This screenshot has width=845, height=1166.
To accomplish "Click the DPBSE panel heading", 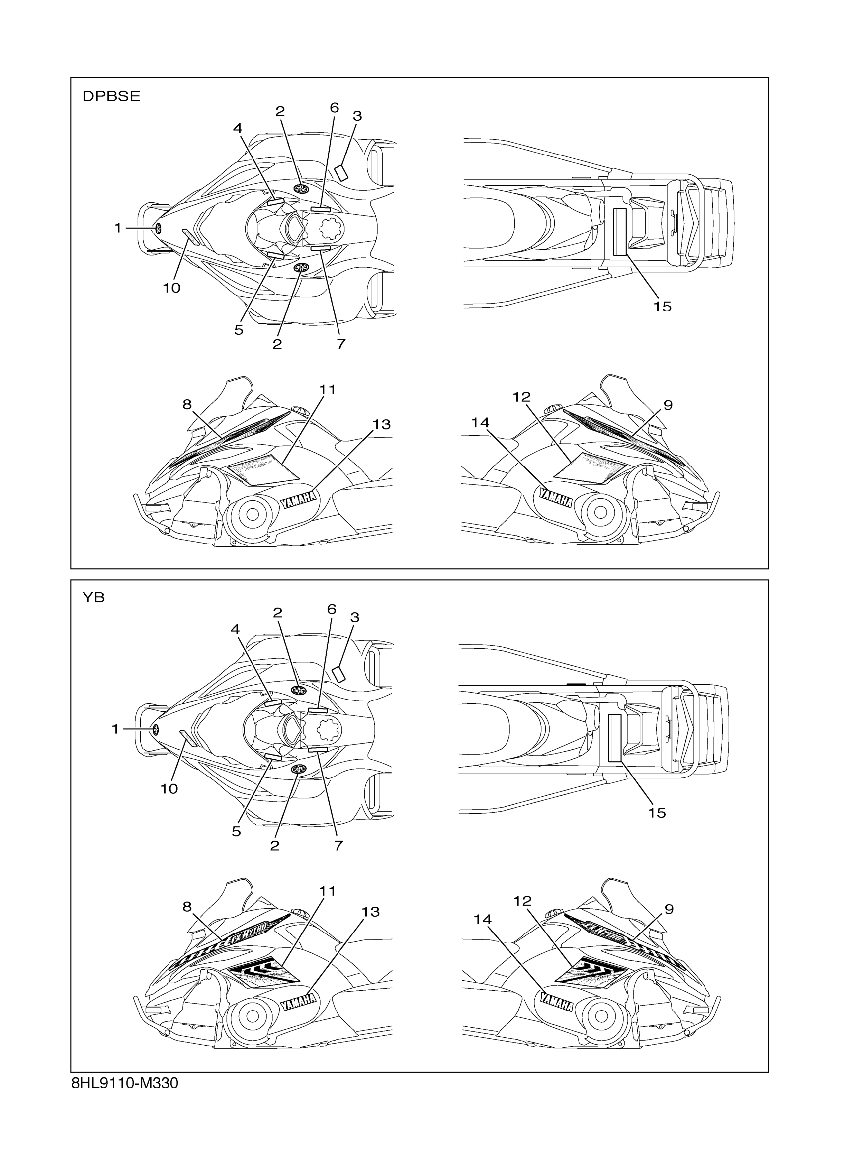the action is point(111,97).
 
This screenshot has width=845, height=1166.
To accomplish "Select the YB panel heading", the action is point(93,597).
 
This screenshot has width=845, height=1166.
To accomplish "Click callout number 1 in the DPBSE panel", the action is point(118,227).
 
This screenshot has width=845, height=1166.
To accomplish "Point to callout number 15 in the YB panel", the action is point(657,813).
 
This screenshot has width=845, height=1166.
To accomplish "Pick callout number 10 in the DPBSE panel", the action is point(172,288).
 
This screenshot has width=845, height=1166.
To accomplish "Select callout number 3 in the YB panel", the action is point(354,617).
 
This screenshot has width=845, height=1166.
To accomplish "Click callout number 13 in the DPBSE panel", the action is point(382,425).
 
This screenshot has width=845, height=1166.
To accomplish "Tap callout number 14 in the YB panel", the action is point(483,919).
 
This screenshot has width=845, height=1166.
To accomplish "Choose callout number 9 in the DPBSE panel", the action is point(668,405).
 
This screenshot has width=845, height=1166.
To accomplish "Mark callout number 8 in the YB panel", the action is point(187,906).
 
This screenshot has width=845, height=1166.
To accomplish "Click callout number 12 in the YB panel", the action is point(522,900).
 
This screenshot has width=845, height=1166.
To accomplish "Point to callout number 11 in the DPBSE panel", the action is point(327,389).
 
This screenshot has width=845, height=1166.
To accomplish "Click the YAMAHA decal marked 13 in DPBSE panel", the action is point(299,499).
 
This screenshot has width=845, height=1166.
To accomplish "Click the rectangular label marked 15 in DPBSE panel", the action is point(620,232).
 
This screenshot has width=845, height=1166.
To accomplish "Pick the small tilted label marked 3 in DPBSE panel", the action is point(341,172).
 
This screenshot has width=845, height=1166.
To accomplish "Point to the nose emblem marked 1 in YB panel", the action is point(155,729).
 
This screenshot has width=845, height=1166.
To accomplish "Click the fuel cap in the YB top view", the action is point(328,729).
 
